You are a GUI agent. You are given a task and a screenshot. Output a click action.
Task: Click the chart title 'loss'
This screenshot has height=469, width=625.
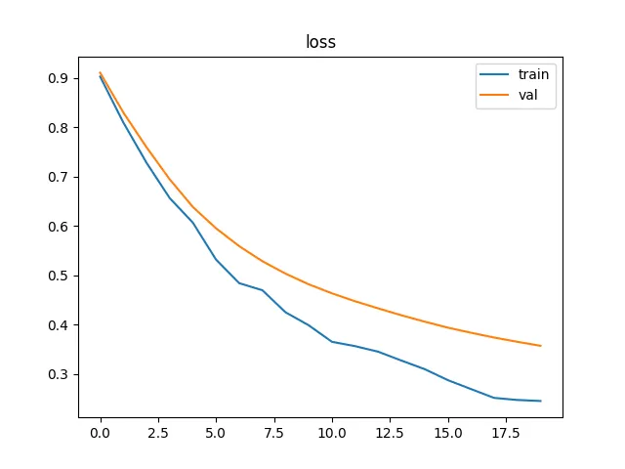[320, 43]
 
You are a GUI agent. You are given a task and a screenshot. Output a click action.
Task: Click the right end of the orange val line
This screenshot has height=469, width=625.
[540, 346]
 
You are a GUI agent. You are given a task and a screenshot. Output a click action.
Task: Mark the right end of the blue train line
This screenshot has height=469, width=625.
[540, 401]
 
